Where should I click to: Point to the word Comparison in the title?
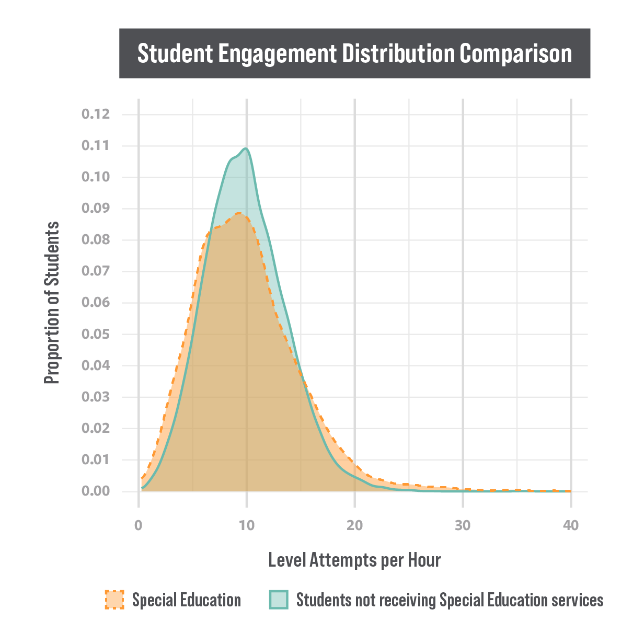point(516,54)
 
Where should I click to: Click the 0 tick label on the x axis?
point(139,525)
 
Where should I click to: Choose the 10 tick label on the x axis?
point(247,525)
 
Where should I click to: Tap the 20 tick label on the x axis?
point(355,525)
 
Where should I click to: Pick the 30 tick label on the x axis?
point(463,525)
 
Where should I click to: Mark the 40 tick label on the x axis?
point(571,525)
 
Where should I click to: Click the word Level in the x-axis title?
point(287,560)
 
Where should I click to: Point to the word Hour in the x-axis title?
point(424,560)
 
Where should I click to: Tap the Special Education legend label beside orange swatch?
point(187,602)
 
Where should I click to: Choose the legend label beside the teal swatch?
point(450,602)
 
